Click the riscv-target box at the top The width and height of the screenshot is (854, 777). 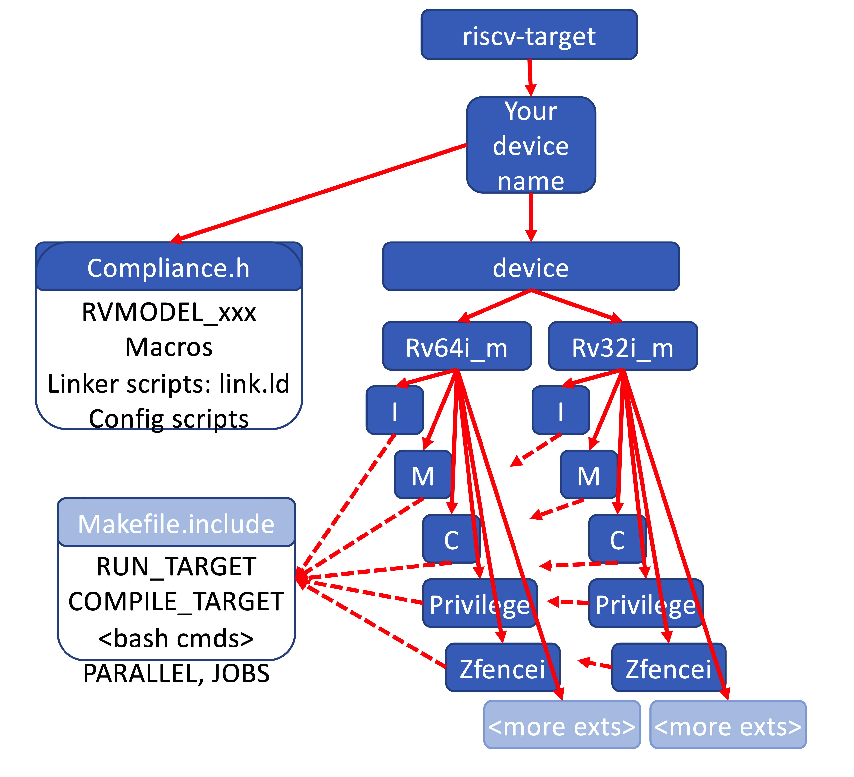coord(529,35)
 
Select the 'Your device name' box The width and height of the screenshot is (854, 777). coord(531,145)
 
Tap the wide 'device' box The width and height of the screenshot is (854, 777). coord(531,267)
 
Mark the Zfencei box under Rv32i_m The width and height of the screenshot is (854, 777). coord(668,668)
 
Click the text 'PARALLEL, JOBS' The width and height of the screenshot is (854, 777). coord(176,673)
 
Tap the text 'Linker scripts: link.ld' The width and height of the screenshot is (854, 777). coord(169,383)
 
